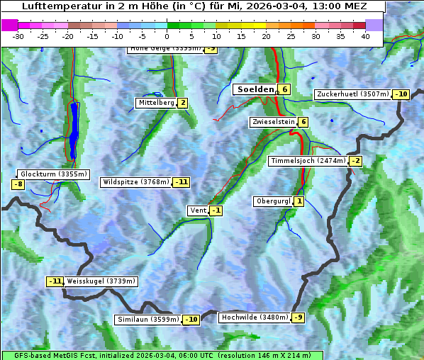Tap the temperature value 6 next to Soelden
pyautogui.click(x=284, y=89)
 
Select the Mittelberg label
pyautogui.click(x=156, y=103)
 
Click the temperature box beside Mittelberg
pyautogui.click(x=183, y=103)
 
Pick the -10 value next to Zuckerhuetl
pyautogui.click(x=402, y=94)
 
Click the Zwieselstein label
pyautogui.click(x=273, y=122)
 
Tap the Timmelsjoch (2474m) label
pyautogui.click(x=308, y=161)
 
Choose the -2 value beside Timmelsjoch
pyautogui.click(x=356, y=161)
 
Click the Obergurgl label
pyautogui.click(x=273, y=201)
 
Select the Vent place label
pyautogui.click(x=198, y=210)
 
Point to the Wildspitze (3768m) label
pyautogui.click(x=135, y=182)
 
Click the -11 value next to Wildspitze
pyautogui.click(x=182, y=182)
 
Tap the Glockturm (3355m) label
pyautogui.click(x=54, y=174)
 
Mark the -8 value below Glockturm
pyautogui.click(x=18, y=184)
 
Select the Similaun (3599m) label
pyautogui.click(x=147, y=320)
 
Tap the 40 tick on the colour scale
pyautogui.click(x=365, y=36)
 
